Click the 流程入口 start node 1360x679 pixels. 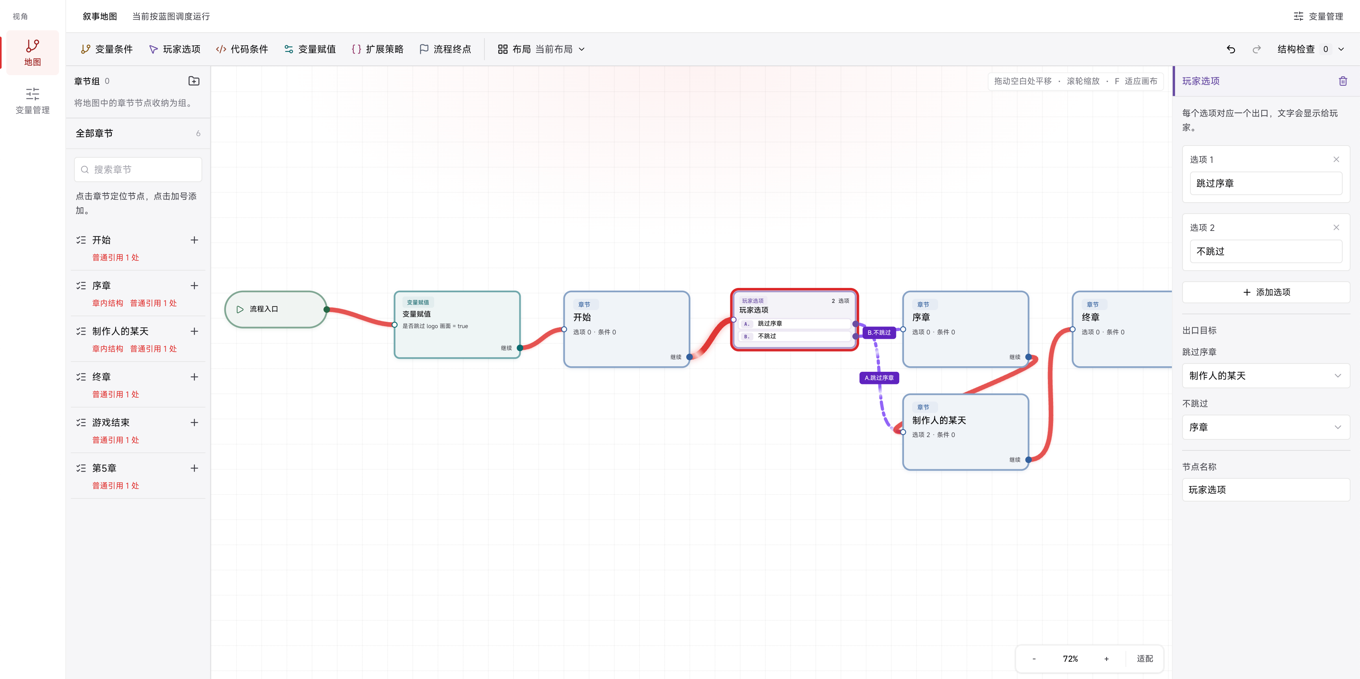pyautogui.click(x=275, y=309)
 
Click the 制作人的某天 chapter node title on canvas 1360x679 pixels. pyautogui.click(x=939, y=420)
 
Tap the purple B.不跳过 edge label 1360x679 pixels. pyautogui.click(x=879, y=332)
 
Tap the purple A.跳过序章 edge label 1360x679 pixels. pyautogui.click(x=879, y=378)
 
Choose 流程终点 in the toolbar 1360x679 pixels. pyautogui.click(x=445, y=49)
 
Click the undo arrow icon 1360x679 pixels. pyautogui.click(x=1231, y=49)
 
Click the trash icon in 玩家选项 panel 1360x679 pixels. pyautogui.click(x=1343, y=81)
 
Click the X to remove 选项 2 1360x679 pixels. pyautogui.click(x=1336, y=227)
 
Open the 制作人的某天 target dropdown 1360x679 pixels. pyautogui.click(x=1266, y=376)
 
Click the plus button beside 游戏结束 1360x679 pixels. pyautogui.click(x=194, y=423)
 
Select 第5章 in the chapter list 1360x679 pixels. pyautogui.click(x=105, y=468)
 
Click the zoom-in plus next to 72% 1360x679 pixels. pyautogui.click(x=1106, y=659)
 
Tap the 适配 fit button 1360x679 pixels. pyautogui.click(x=1145, y=659)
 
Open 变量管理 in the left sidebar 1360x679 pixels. pyautogui.click(x=32, y=101)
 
